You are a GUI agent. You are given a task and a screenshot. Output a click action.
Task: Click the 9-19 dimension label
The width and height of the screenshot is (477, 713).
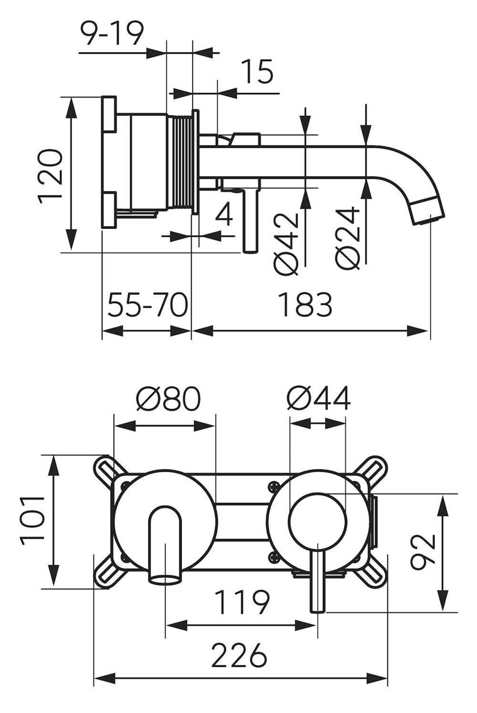click(x=111, y=35)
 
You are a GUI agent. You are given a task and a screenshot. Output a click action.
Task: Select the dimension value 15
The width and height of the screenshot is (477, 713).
click(x=257, y=72)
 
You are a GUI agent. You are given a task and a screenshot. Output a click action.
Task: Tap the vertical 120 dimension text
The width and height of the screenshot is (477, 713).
click(x=51, y=175)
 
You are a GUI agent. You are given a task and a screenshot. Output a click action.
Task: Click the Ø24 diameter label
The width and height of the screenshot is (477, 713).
click(x=348, y=238)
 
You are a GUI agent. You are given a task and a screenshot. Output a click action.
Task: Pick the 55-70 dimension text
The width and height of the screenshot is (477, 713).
click(x=147, y=305)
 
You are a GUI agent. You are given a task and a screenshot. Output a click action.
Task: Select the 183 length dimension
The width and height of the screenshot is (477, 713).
click(x=305, y=305)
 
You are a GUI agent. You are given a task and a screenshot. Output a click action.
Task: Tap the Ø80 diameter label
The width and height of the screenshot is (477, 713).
click(x=168, y=399)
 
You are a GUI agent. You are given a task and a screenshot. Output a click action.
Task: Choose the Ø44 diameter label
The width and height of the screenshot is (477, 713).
click(x=319, y=399)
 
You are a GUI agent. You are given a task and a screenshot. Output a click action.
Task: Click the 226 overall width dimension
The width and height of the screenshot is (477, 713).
click(x=240, y=655)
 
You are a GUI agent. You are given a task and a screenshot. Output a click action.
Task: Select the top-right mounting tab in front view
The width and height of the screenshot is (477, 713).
click(x=373, y=468)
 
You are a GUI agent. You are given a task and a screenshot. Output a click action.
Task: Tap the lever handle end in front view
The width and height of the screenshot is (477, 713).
click(x=318, y=604)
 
